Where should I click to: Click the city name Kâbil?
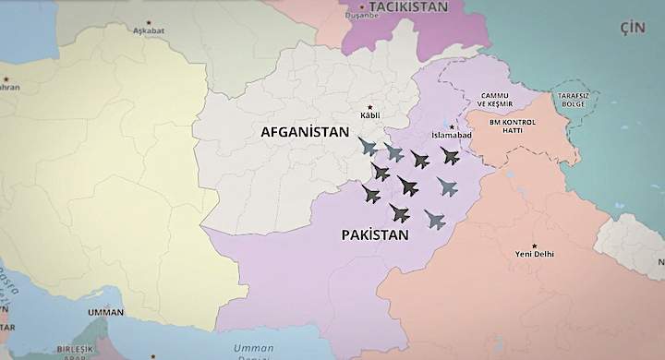click(369, 116)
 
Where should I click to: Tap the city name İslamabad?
click(452, 136)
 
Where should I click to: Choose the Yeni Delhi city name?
click(535, 254)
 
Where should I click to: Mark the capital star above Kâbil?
click(370, 106)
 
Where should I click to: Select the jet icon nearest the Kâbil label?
click(369, 147)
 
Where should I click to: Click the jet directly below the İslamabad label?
click(450, 155)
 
